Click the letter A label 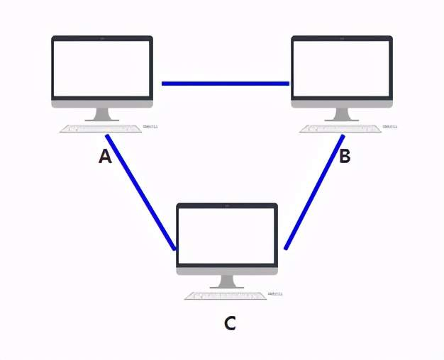105,157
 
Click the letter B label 345,157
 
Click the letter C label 229,324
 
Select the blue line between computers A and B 225,84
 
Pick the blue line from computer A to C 140,192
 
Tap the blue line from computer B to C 314,192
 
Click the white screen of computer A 102,68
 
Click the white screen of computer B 342,68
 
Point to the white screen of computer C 227,235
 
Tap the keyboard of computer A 101,129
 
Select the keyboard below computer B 341,129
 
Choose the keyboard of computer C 226,296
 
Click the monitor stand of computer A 102,114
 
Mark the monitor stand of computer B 342,114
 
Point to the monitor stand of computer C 227,281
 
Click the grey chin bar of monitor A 102,103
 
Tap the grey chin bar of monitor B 342,103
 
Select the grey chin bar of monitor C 227,270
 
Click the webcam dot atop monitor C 227,206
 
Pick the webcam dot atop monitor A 102,39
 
